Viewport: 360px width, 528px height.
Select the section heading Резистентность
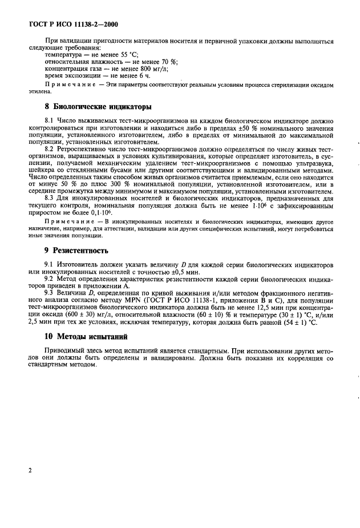(x=84, y=251)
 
